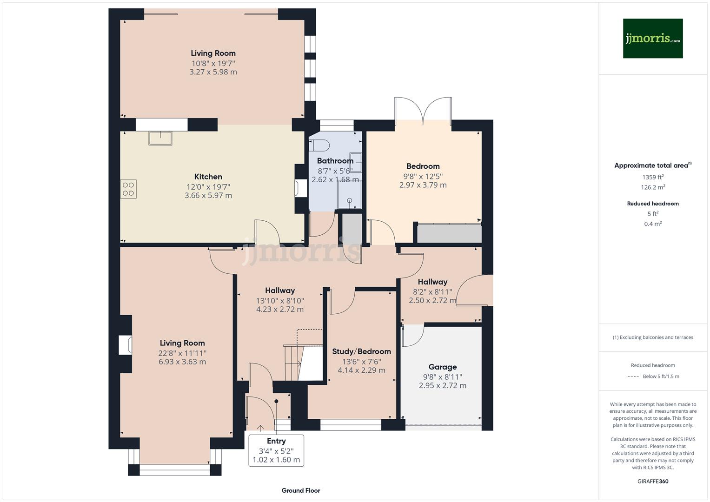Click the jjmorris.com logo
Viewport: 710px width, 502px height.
tap(652, 39)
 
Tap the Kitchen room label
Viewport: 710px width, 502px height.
tap(208, 177)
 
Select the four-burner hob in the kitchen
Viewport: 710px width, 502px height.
tap(128, 189)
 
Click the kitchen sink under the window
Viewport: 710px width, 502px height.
tap(160, 138)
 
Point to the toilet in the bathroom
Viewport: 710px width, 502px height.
tap(320, 145)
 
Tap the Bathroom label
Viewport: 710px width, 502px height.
tap(335, 161)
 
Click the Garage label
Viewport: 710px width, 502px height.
tap(442, 367)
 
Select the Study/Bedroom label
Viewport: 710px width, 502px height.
tap(361, 351)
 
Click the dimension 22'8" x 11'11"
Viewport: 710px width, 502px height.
tap(182, 353)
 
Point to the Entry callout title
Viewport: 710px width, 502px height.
tap(276, 441)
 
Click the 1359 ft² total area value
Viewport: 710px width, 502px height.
tap(652, 177)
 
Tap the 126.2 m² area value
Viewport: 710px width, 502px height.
tap(652, 187)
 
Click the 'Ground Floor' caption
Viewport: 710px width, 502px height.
tap(301, 490)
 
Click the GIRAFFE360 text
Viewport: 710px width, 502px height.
tap(652, 482)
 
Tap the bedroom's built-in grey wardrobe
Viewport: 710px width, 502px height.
tap(449, 233)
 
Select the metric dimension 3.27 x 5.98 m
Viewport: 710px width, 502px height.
tap(213, 72)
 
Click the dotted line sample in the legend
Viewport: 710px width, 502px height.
tap(633, 376)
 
